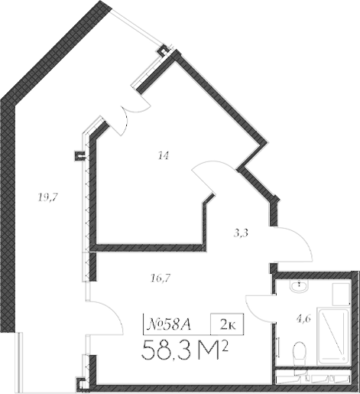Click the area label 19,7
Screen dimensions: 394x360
click(x=48, y=197)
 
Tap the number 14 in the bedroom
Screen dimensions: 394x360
click(x=162, y=156)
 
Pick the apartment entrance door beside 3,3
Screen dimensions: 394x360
click(x=294, y=245)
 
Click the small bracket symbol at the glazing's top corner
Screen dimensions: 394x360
click(x=162, y=50)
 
